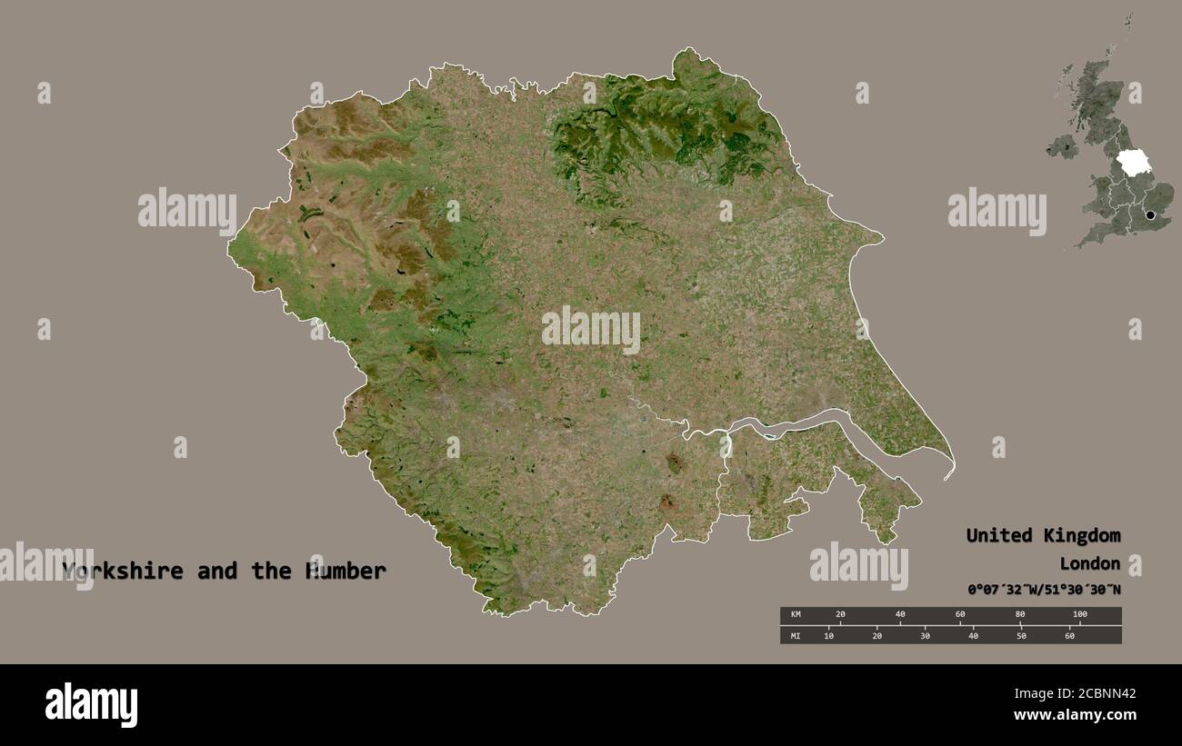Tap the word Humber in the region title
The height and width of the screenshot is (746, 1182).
coord(348,572)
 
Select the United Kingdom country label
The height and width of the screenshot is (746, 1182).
coord(1043,535)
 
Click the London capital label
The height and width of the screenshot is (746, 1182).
coord(1089,563)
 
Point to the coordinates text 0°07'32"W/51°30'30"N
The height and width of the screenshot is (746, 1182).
coord(1043,590)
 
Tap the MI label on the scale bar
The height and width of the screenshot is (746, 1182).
coord(796,635)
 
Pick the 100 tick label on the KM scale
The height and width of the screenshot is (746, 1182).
coord(1079,615)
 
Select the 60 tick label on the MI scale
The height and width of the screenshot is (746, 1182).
coord(1069,635)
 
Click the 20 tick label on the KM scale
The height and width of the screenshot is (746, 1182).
coord(840,615)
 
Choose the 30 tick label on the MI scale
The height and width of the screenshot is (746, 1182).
coord(925,635)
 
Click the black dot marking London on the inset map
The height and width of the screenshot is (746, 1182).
coord(1152,215)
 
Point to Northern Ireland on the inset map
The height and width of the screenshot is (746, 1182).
coord(1061,145)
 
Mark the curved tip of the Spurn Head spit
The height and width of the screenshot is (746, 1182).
coord(948,475)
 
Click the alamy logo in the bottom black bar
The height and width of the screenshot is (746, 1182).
coord(91,705)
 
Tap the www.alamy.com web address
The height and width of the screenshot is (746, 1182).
coord(1075,715)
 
